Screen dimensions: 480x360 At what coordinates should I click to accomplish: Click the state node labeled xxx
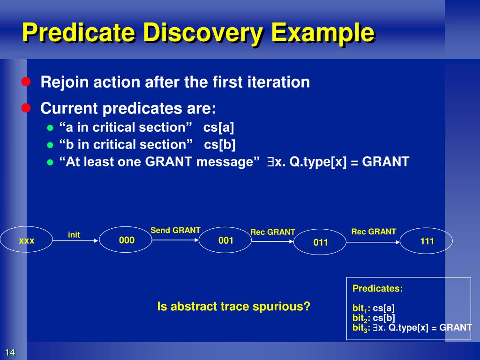(x=26, y=240)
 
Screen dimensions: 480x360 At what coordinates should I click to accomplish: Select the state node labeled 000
(x=126, y=240)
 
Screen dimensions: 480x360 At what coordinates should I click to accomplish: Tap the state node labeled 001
(x=225, y=240)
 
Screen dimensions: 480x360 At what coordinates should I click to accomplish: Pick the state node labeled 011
(x=320, y=242)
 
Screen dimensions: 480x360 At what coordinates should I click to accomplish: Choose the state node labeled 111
(x=427, y=241)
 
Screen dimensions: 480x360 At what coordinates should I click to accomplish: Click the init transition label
(x=74, y=235)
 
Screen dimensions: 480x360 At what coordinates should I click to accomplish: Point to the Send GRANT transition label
(x=175, y=230)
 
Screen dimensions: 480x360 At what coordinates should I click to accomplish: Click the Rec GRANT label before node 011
(x=273, y=232)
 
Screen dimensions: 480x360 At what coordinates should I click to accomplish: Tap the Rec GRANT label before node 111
(x=374, y=232)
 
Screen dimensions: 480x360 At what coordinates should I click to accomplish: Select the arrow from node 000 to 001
(x=175, y=240)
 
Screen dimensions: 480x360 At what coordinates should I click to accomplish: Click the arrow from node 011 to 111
(x=373, y=242)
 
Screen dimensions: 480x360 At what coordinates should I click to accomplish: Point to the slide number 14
(x=10, y=352)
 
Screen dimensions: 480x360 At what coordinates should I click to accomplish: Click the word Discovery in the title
(x=203, y=32)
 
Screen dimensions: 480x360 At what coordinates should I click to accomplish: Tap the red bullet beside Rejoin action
(x=26, y=82)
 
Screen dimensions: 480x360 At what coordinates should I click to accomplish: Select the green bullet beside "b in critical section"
(x=50, y=145)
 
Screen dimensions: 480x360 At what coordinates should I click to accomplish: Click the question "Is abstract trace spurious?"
(x=233, y=306)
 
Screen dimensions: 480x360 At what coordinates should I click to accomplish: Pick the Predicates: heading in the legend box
(x=377, y=288)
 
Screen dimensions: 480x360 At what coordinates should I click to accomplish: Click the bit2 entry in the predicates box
(x=374, y=318)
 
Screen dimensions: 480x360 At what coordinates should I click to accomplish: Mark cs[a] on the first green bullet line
(x=218, y=127)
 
